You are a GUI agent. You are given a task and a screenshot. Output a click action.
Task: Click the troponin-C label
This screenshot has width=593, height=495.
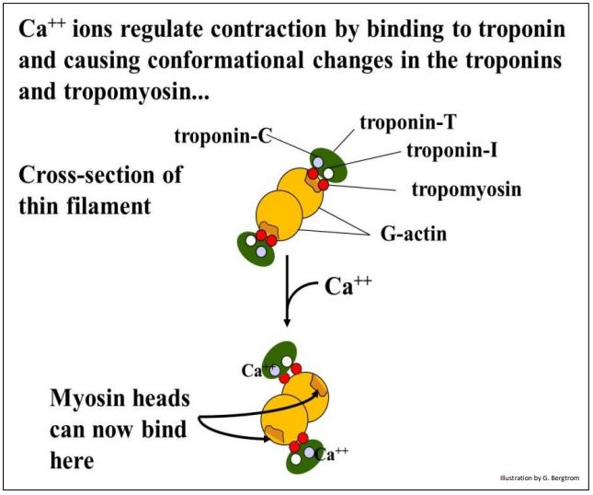pos(222,137)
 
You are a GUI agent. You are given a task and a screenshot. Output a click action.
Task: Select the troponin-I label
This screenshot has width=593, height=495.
pos(445,150)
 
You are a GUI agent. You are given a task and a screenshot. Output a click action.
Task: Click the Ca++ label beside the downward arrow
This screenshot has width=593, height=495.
pos(350,286)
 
